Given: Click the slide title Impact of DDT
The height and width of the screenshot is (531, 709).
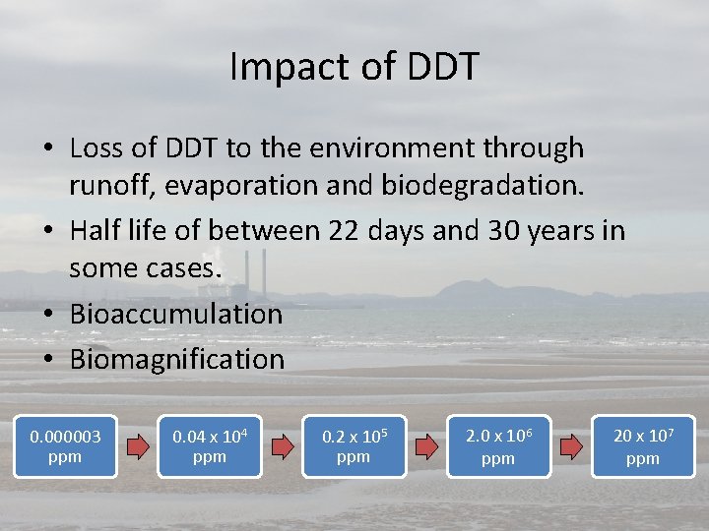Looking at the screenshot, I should click(354, 66).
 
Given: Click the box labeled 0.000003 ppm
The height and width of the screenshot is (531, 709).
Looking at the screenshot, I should click(65, 446).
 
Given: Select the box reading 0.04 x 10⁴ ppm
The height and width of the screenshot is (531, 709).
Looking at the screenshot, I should click(209, 446).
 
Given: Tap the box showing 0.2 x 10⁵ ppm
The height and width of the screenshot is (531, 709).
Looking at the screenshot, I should click(354, 446).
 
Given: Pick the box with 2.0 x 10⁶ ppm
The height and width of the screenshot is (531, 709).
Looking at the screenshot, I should click(498, 446).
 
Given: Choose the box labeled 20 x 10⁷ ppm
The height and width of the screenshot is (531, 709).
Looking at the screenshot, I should click(643, 446).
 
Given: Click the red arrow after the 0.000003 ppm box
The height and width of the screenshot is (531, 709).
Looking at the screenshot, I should click(137, 447).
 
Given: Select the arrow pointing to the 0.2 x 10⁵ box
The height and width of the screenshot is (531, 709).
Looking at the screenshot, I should click(282, 447).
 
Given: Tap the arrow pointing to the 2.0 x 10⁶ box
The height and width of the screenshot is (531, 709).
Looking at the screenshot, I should click(426, 447).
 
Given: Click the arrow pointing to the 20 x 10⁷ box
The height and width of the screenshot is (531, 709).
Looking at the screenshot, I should click(571, 447).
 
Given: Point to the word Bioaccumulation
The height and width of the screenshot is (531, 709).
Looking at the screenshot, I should click(175, 315).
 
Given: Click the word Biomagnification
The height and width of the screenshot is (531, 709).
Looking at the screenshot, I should click(176, 359).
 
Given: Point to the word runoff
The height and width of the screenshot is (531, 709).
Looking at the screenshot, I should click(105, 185).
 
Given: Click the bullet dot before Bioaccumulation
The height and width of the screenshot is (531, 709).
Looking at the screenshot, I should click(47, 316).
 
